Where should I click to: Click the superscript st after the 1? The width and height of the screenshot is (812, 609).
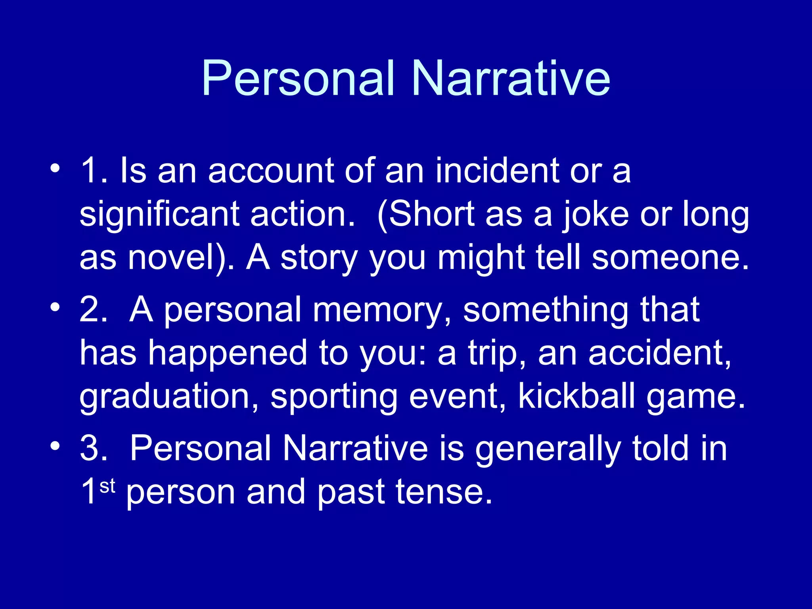pyautogui.click(x=107, y=486)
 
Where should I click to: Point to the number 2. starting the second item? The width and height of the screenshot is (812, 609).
pyautogui.click(x=93, y=310)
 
